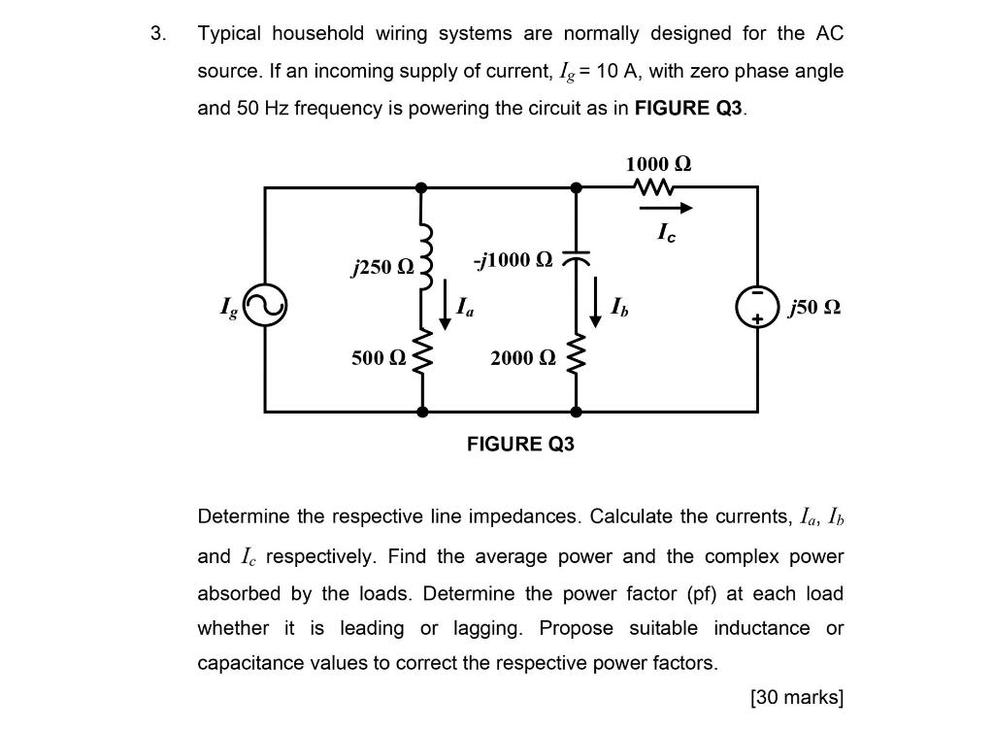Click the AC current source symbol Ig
tap(265, 307)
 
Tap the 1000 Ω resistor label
tap(659, 163)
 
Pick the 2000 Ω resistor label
tap(524, 358)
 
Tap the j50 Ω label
tap(814, 308)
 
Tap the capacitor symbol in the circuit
tap(577, 259)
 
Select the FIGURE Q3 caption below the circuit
tap(520, 445)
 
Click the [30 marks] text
tap(796, 697)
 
